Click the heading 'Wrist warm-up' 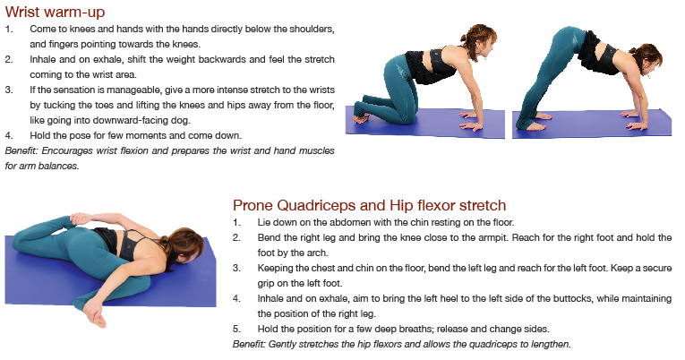point(55,13)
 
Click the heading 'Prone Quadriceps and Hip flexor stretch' point(369,205)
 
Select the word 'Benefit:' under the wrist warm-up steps point(21,150)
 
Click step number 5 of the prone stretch point(236,329)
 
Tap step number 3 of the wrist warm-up point(9,90)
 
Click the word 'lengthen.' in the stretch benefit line point(551,345)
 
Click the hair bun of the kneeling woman point(465,37)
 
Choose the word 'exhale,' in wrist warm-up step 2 point(107,59)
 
